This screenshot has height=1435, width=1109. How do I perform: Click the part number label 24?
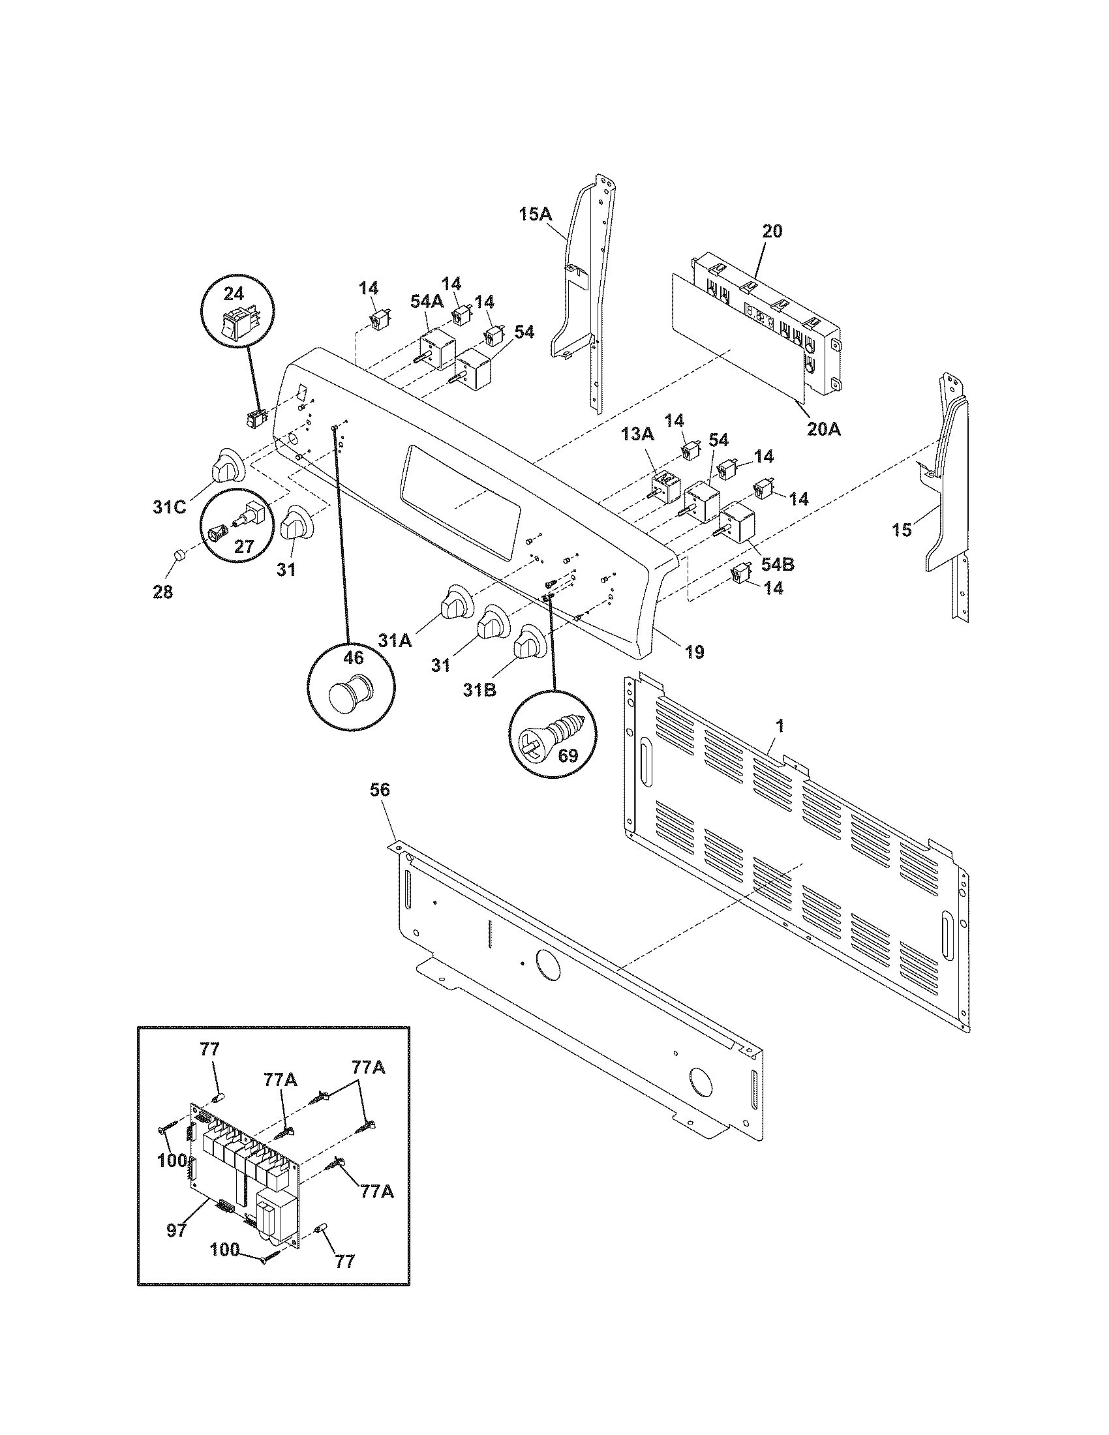point(234,293)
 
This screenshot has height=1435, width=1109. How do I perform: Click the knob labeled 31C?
point(225,465)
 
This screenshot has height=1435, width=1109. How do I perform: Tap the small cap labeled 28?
point(177,557)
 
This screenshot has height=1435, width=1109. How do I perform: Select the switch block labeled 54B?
point(737,522)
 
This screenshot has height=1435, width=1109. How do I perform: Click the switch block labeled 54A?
point(436,350)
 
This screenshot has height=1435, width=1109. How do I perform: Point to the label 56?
point(380,790)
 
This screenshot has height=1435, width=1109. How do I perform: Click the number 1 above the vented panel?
point(779,725)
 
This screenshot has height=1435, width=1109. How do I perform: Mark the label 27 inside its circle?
point(244,547)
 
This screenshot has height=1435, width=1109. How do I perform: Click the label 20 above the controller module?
point(772,232)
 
